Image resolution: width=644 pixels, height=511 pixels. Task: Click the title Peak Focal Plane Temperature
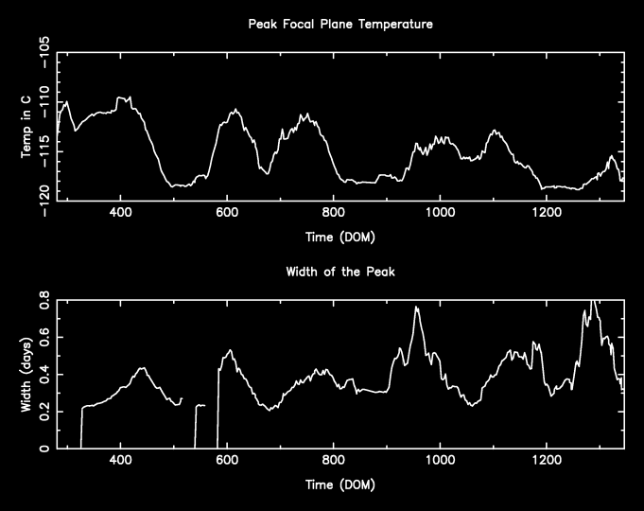340,25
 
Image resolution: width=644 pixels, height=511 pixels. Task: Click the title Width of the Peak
340,273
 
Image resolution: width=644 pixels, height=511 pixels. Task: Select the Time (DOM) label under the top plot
340,236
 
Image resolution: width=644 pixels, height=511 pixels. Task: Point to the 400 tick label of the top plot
120,213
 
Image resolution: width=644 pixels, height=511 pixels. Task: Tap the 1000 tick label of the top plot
439,213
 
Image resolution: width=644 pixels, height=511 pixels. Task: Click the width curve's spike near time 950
416,308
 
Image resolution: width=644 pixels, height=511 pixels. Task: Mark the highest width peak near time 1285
593,302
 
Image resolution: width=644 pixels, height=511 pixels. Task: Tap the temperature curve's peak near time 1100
494,132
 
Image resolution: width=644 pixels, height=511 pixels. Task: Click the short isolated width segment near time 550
200,405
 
